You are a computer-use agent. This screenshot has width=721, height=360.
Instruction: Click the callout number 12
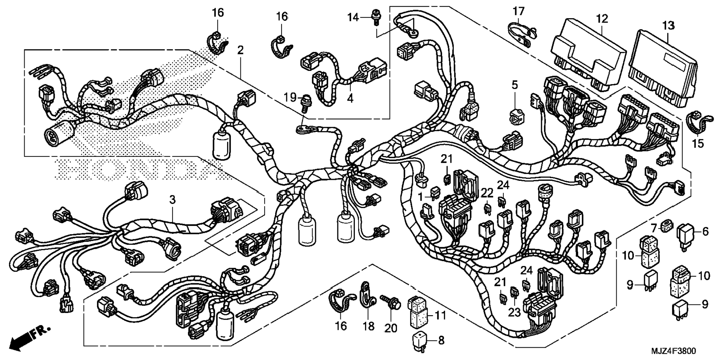tap(602, 19)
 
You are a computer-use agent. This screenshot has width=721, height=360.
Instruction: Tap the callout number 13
tap(668, 26)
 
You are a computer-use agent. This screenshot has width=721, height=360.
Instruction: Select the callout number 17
tap(518, 12)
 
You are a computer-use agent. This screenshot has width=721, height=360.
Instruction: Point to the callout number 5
tap(514, 85)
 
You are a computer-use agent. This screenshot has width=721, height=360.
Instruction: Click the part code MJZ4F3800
tap(673, 351)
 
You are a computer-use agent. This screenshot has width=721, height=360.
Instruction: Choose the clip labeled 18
tap(367, 293)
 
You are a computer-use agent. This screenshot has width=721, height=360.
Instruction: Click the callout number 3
tap(172, 199)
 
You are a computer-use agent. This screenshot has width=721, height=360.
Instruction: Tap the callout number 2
tap(240, 50)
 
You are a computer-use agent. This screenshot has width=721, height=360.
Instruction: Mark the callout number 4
tap(350, 98)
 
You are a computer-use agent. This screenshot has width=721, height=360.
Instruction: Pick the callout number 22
tap(487, 193)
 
